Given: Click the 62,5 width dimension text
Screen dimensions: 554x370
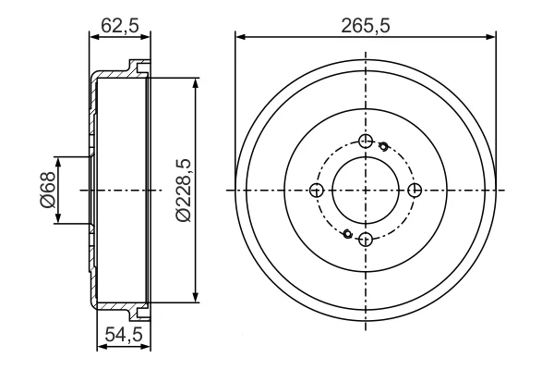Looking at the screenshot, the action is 120,25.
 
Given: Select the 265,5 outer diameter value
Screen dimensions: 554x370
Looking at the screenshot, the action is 366,26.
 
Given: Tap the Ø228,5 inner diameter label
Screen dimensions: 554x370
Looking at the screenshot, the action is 184,191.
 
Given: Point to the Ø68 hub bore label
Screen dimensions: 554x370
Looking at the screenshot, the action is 48,190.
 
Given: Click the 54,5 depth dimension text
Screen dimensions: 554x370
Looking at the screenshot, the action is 124,334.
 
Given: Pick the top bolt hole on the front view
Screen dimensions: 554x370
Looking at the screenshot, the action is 366,142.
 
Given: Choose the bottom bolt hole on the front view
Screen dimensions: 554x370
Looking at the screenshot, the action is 366,240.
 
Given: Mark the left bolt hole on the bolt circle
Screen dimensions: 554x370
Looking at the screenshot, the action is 317,191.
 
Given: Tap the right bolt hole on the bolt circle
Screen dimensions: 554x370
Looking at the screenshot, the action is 415,191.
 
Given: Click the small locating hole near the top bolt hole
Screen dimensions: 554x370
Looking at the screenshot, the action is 383,145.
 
